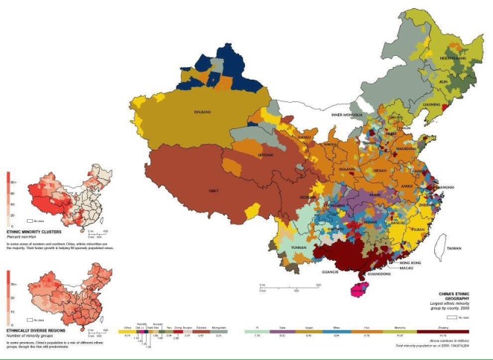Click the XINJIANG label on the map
tap(202, 113)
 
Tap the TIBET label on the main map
tap(214, 192)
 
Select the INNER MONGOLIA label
tap(347, 115)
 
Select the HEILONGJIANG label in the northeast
tap(451, 57)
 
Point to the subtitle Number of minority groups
tap(28, 335)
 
